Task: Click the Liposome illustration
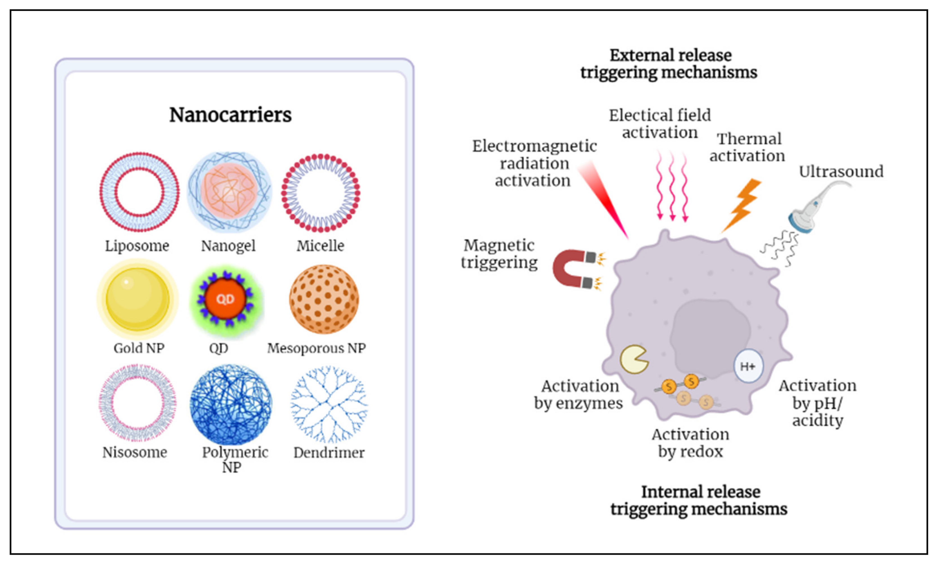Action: click(x=139, y=192)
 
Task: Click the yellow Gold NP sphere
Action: click(x=138, y=299)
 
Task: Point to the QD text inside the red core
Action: click(x=225, y=299)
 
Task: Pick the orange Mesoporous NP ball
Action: click(x=324, y=299)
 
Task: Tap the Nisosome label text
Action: click(x=135, y=452)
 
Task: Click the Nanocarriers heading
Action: click(x=230, y=115)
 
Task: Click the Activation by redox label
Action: click(x=690, y=443)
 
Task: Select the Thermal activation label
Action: click(x=747, y=147)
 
